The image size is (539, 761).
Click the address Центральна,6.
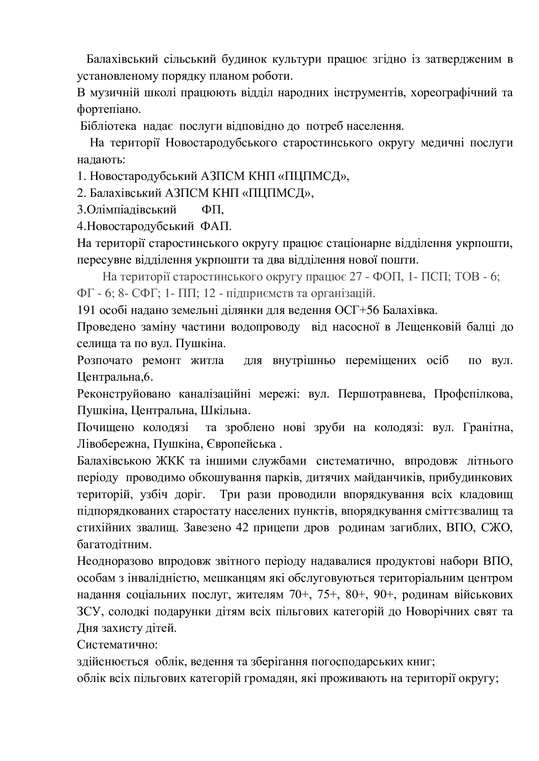(x=115, y=377)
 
